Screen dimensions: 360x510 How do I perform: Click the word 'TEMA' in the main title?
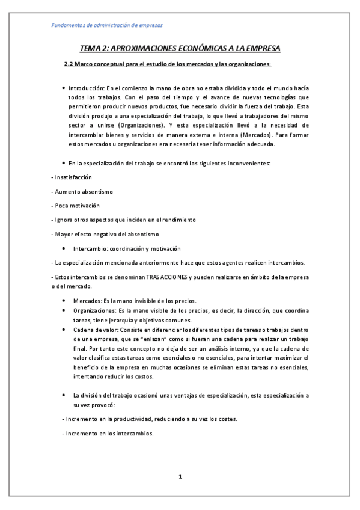coord(93,48)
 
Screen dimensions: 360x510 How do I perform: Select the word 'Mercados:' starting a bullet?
coord(87,301)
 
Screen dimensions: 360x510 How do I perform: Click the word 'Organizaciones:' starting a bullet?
coord(95,310)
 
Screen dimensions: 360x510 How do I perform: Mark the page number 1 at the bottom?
coord(180,477)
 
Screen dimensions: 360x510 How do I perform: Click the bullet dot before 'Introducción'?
coord(64,88)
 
